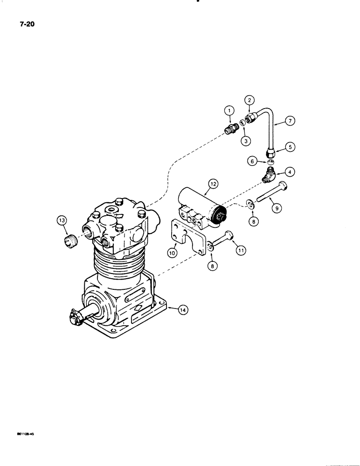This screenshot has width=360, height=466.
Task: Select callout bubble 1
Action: tap(229, 111)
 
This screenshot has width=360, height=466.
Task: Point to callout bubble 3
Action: tap(245, 140)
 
